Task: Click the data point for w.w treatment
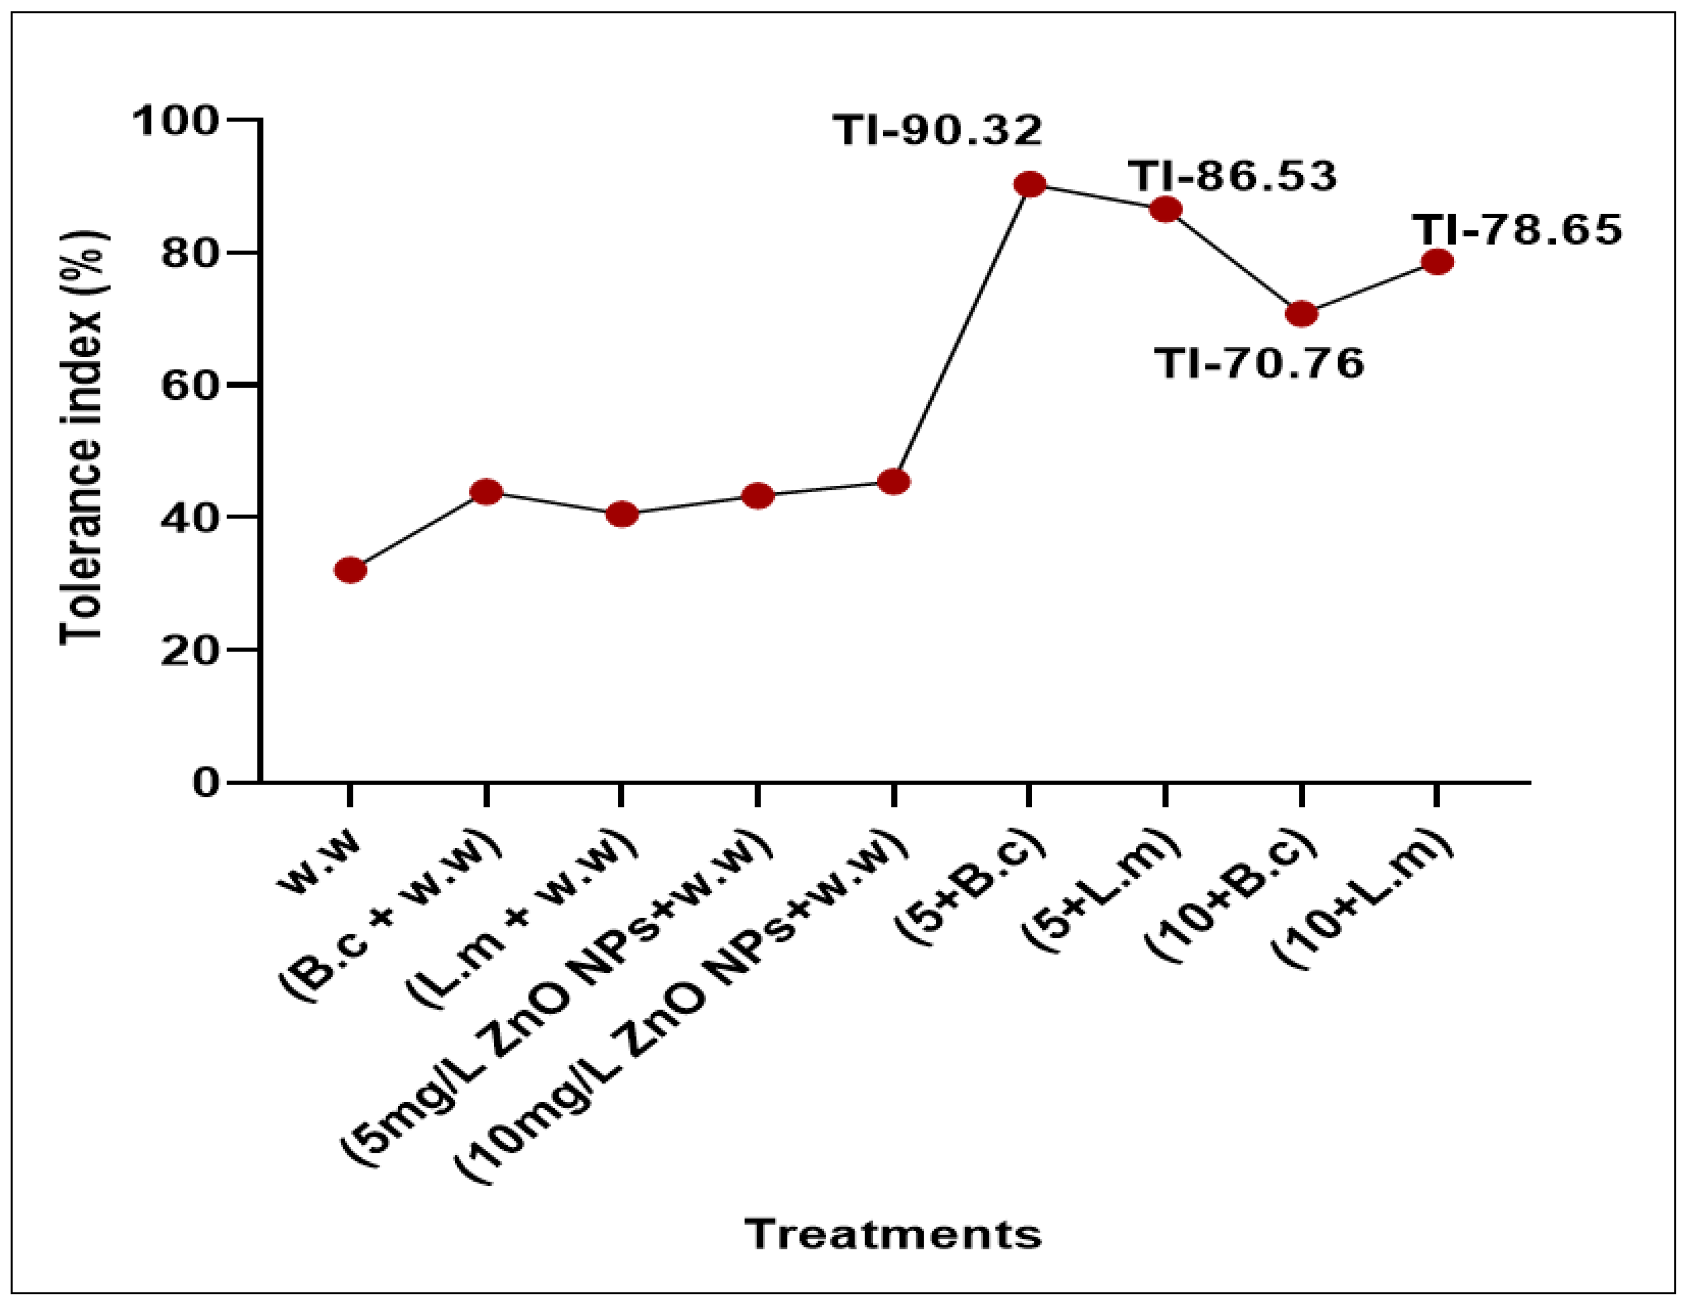tap(351, 570)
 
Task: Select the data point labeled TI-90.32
tap(1030, 185)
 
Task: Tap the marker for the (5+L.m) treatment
tap(1165, 209)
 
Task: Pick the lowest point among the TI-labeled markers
tap(1302, 314)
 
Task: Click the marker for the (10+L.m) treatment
tap(1437, 262)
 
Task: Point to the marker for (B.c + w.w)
tap(486, 491)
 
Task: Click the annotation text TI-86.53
tap(1232, 176)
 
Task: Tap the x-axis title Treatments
tap(893, 1233)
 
